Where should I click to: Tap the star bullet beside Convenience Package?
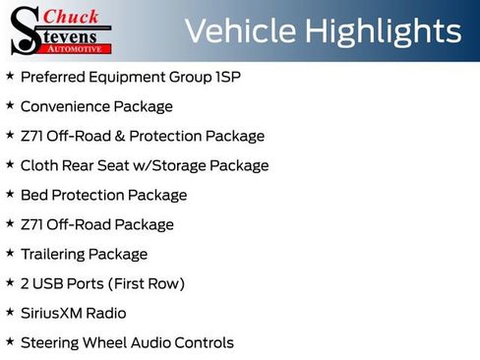pyautogui.click(x=10, y=105)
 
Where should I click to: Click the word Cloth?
pyautogui.click(x=39, y=165)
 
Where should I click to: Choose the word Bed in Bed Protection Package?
pyautogui.click(x=33, y=195)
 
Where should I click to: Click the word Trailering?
pyautogui.click(x=52, y=254)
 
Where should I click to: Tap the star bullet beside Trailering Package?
pyautogui.click(x=10, y=253)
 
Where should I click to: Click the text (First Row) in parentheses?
pyautogui.click(x=148, y=283)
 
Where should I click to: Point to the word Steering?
pyautogui.click(x=50, y=342)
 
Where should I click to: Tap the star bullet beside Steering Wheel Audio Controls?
pyautogui.click(x=10, y=341)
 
